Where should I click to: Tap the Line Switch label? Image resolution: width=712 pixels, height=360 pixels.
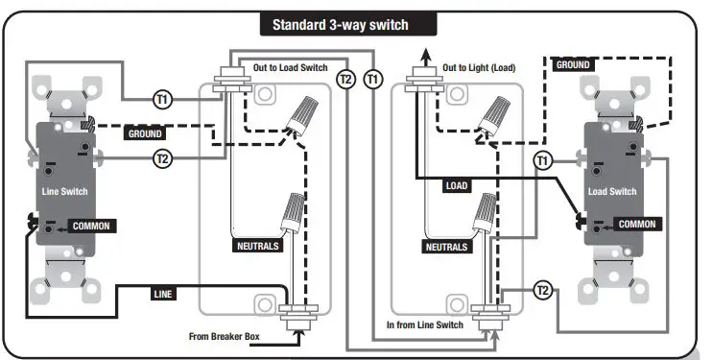pos(64,191)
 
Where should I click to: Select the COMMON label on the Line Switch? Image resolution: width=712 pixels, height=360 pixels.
pos(91,227)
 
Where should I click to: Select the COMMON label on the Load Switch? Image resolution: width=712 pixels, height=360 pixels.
pos(635,224)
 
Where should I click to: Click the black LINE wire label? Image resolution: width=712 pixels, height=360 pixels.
pos(163,294)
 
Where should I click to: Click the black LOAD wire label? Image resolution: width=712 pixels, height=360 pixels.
pos(454,185)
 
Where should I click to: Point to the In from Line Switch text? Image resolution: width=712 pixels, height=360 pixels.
pos(424,325)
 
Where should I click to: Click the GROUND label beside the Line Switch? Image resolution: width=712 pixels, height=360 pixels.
pos(144,134)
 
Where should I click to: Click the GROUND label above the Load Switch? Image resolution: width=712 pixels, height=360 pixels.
pos(572,65)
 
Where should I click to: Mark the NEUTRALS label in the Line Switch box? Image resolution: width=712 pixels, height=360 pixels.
pos(257,246)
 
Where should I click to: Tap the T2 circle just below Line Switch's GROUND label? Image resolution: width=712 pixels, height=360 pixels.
pos(162,159)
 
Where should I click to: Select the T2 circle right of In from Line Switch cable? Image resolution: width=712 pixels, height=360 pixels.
pos(544,289)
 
